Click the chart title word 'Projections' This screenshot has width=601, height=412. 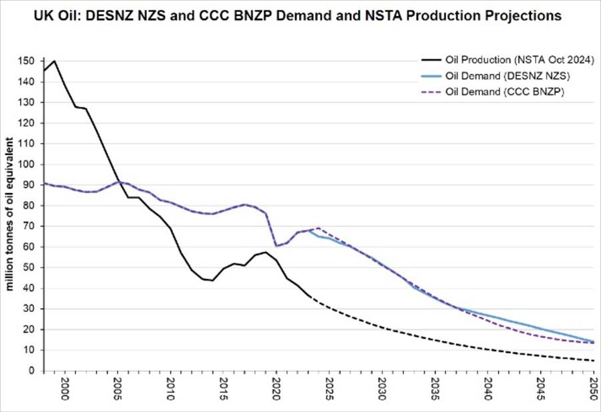pyautogui.click(x=523, y=15)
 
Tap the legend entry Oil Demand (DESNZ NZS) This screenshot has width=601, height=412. pyautogui.click(x=521, y=76)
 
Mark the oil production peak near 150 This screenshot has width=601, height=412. pyautogui.click(x=54, y=61)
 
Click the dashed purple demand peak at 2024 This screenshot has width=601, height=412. pyautogui.click(x=317, y=228)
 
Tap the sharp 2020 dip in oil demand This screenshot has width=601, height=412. pyautogui.click(x=276, y=246)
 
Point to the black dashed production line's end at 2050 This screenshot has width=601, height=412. pyautogui.click(x=592, y=361)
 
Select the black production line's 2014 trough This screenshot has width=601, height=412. pyautogui.click(x=212, y=280)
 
